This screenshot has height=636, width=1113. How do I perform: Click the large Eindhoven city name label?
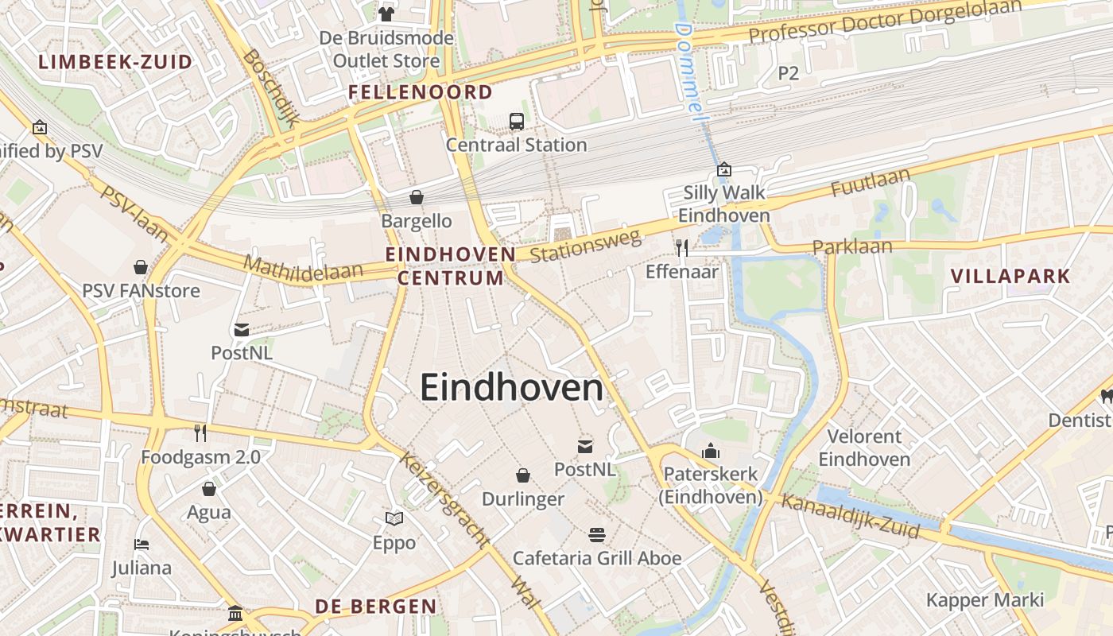click(511, 388)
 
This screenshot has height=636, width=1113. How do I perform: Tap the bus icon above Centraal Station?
click(517, 122)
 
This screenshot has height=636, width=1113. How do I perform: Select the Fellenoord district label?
click(421, 92)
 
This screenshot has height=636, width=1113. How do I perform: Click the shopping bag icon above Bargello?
click(416, 197)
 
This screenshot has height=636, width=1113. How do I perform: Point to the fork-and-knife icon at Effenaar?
click(681, 248)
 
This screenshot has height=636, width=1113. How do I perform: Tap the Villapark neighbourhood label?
click(1010, 277)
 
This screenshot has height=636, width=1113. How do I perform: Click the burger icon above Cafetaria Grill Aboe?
click(597, 534)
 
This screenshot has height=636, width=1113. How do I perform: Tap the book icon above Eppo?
click(394, 519)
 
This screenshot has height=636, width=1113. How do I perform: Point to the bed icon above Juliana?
click(142, 545)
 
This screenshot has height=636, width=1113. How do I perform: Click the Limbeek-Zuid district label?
click(115, 62)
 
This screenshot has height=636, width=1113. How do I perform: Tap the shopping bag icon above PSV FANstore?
click(141, 267)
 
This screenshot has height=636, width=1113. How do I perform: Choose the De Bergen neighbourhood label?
click(376, 607)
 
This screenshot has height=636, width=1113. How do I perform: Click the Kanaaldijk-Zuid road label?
click(850, 515)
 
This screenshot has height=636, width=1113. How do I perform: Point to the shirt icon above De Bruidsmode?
click(386, 14)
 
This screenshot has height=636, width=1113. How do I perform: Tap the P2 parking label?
click(788, 73)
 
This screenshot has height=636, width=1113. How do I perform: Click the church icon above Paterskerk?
click(711, 452)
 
